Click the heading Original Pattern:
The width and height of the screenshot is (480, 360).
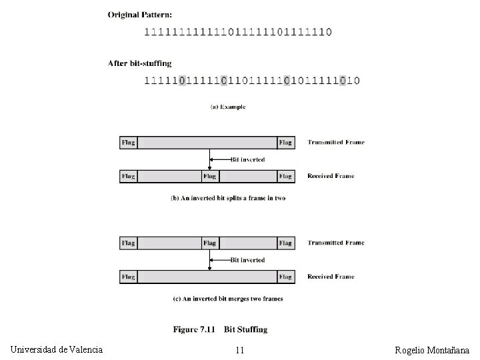click(x=140, y=13)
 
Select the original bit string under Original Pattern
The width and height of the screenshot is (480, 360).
click(x=238, y=31)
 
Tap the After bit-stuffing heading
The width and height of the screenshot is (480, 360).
click(x=140, y=63)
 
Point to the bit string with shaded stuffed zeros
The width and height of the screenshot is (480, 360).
click(x=252, y=81)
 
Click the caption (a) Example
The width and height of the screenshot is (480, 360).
click(x=228, y=107)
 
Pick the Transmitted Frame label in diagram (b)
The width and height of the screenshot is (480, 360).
click(x=335, y=142)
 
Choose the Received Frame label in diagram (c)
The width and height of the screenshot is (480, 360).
click(x=330, y=277)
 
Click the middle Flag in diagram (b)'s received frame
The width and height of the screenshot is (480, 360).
click(x=209, y=176)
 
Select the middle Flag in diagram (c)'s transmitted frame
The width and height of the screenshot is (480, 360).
click(x=209, y=243)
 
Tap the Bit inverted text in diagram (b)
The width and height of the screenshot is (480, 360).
click(x=247, y=159)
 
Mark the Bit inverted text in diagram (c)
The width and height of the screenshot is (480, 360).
click(x=247, y=260)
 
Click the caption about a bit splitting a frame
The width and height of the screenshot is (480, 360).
click(x=228, y=198)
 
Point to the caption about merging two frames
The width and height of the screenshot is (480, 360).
click(x=227, y=299)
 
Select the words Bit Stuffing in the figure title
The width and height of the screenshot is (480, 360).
click(x=245, y=329)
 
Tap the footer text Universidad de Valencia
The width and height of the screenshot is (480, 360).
click(x=57, y=349)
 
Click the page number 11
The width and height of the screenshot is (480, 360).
click(x=240, y=350)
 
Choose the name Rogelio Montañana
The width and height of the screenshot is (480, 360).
click(x=432, y=350)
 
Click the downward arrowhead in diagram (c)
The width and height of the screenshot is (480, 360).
click(x=209, y=268)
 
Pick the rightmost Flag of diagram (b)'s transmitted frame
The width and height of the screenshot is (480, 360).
click(x=285, y=142)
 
